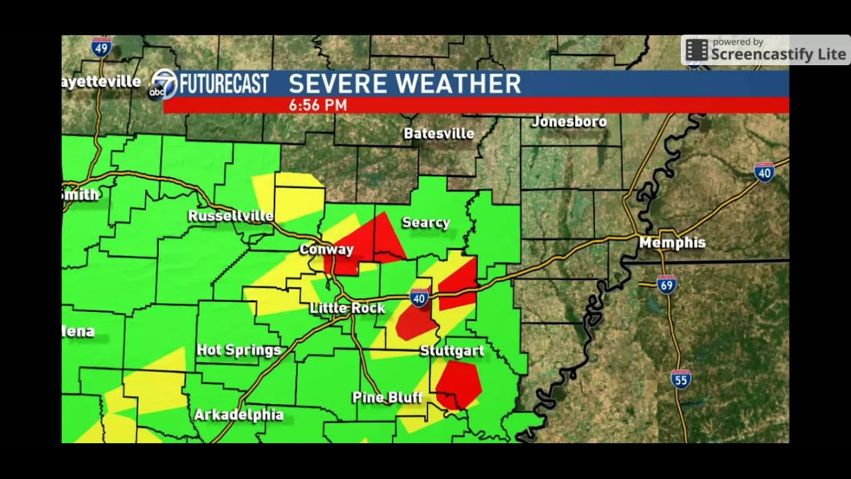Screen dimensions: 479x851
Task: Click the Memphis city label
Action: click(x=672, y=243)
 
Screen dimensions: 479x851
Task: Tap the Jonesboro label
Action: click(x=569, y=122)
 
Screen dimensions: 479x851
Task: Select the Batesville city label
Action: click(x=439, y=134)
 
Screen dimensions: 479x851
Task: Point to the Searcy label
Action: click(x=426, y=223)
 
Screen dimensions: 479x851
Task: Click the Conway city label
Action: click(x=326, y=249)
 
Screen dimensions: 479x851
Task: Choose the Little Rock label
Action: click(x=348, y=308)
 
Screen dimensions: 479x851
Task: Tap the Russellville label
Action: click(x=231, y=216)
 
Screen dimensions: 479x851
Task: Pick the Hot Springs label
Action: click(x=239, y=350)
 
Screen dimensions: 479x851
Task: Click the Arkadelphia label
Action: click(x=239, y=415)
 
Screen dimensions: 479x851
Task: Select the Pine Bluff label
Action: click(x=388, y=398)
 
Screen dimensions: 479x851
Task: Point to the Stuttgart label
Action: click(x=452, y=351)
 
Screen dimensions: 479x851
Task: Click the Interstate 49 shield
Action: click(x=101, y=47)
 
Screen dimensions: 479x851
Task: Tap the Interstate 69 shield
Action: click(x=666, y=284)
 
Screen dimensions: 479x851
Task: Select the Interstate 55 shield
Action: click(x=681, y=379)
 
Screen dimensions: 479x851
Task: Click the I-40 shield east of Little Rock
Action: click(x=419, y=299)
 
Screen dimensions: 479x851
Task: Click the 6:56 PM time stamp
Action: click(x=318, y=105)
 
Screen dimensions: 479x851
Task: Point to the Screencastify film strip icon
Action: click(x=697, y=51)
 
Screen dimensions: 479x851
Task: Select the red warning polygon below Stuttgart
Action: click(x=457, y=384)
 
